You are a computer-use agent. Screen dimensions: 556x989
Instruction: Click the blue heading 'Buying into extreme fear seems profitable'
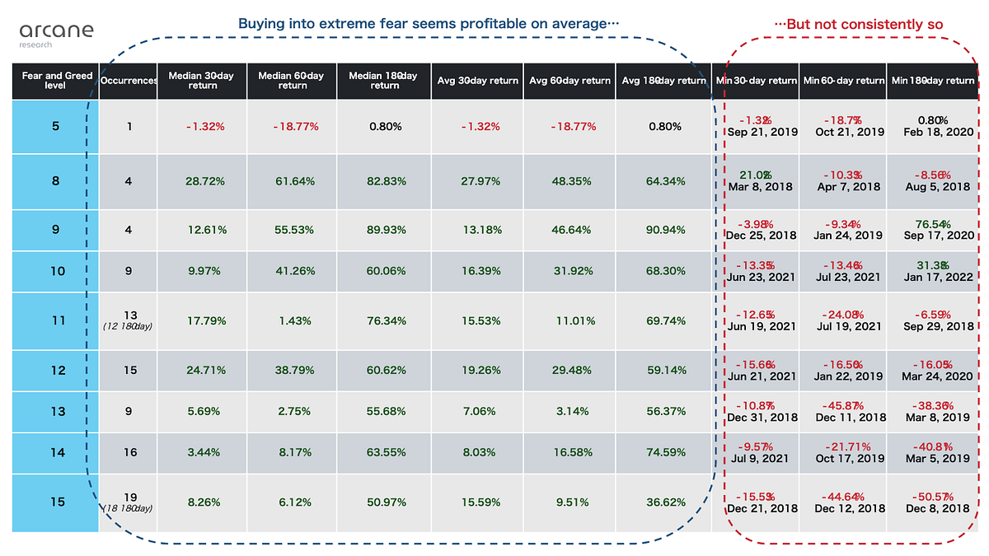pyautogui.click(x=428, y=23)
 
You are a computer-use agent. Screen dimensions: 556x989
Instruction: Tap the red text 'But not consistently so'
pyautogui.click(x=858, y=24)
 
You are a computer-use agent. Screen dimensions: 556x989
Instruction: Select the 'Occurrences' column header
pyautogui.click(x=128, y=81)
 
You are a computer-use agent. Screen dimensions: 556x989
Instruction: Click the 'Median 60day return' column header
pyautogui.click(x=293, y=81)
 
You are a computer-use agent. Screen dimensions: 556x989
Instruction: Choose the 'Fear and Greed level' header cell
pyautogui.click(x=56, y=81)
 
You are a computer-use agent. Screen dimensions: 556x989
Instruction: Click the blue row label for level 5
pyautogui.click(x=56, y=127)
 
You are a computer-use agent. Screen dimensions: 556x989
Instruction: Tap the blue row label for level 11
pyautogui.click(x=56, y=321)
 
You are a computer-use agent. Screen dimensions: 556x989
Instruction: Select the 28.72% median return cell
pyautogui.click(x=203, y=181)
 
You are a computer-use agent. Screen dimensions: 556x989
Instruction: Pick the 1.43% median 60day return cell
pyautogui.click(x=293, y=321)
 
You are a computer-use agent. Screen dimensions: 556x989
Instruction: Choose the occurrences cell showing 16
pyautogui.click(x=128, y=451)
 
